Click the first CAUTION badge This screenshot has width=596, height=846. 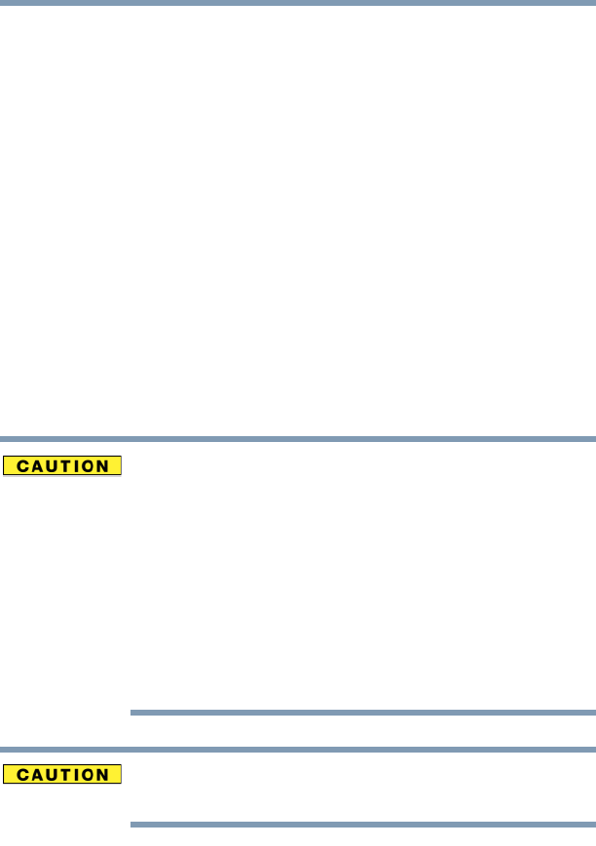[x=62, y=465]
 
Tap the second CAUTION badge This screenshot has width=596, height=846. [x=62, y=775]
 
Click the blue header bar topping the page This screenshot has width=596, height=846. [x=298, y=3]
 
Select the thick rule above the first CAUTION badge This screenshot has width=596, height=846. [x=298, y=439]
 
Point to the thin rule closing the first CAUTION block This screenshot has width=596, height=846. [x=362, y=713]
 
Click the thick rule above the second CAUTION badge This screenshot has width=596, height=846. [x=298, y=749]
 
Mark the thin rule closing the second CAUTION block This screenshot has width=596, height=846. [x=362, y=825]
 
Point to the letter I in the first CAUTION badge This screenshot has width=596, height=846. [x=74, y=466]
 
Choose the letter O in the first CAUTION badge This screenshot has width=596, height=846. [x=88, y=466]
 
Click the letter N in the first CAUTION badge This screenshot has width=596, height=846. [x=104, y=466]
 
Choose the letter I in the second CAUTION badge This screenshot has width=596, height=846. [x=74, y=776]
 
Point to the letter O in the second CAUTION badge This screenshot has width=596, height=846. [x=88, y=776]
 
